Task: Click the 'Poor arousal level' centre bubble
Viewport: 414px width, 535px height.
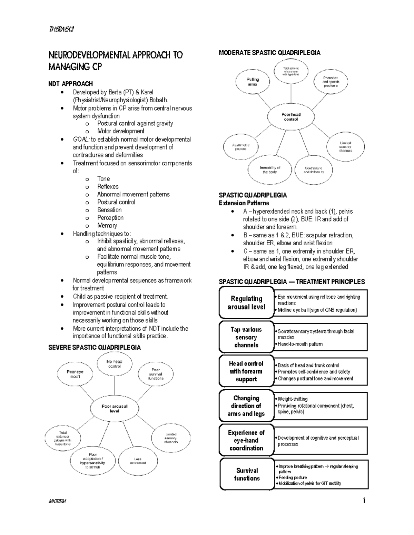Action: coord(115,409)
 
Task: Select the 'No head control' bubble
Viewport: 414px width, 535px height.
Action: coord(115,364)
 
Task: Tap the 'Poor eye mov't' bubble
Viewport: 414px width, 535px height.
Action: coord(75,374)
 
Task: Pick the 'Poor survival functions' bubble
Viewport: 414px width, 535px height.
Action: coord(156,374)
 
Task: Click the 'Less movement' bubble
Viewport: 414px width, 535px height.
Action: coord(138,461)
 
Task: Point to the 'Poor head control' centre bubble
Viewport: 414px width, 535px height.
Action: coord(291,117)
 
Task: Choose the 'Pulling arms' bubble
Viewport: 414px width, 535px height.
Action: coord(253,82)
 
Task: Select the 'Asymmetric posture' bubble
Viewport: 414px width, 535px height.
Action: coord(241,147)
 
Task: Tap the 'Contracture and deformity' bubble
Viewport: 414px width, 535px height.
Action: coord(314,170)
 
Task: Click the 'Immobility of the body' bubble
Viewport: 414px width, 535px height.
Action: coord(270,170)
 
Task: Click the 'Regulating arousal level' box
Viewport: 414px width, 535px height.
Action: coord(246,303)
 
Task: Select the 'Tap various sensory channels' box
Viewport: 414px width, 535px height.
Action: coord(246,337)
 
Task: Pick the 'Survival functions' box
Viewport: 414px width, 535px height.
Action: coord(247,474)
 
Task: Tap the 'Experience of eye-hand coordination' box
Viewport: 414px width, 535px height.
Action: coord(246,440)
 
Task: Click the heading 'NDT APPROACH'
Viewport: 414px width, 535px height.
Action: coord(70,84)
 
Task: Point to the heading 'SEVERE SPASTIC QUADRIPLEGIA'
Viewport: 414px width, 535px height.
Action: coord(95,347)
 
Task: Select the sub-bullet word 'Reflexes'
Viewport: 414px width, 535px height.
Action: coord(108,186)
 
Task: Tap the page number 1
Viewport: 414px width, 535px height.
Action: coord(364,501)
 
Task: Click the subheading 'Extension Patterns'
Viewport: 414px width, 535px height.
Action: coord(244,203)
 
